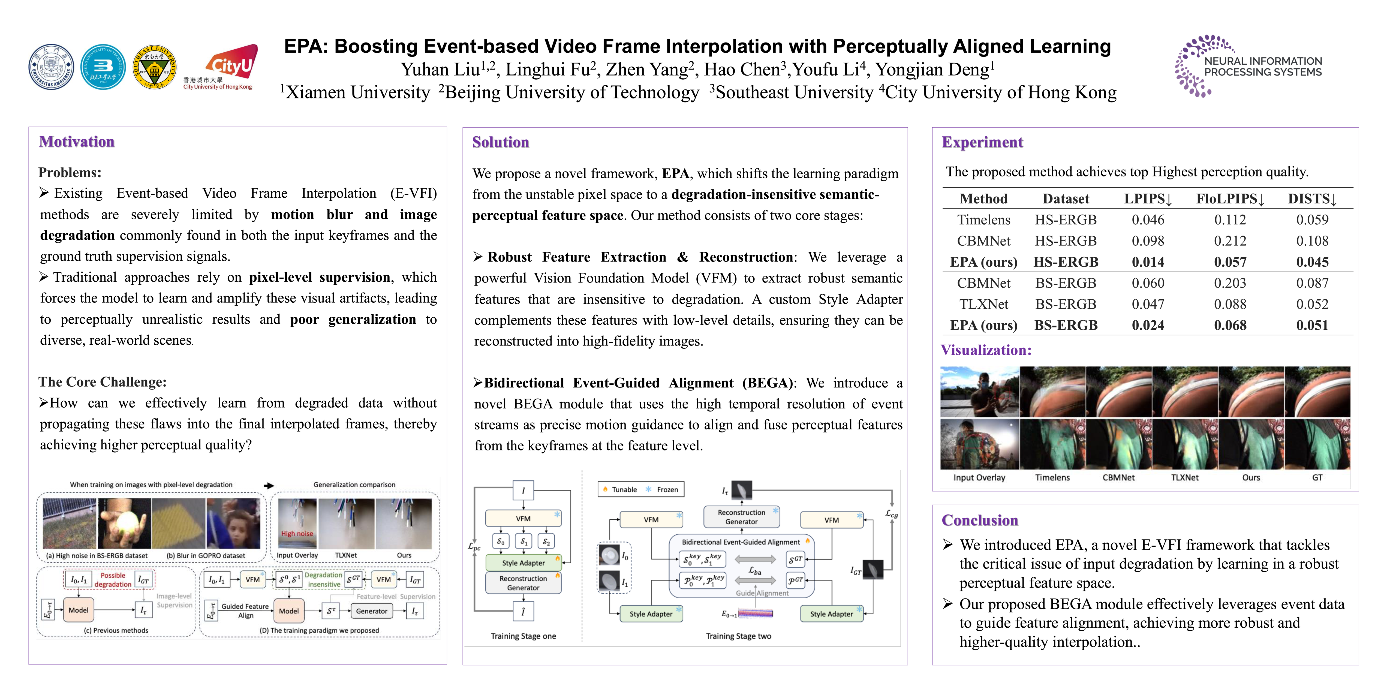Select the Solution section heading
click(x=500, y=143)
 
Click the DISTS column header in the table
click(x=1312, y=199)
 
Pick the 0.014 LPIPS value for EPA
click(x=1148, y=262)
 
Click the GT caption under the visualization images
click(x=1317, y=477)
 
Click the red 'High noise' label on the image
click(x=297, y=534)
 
